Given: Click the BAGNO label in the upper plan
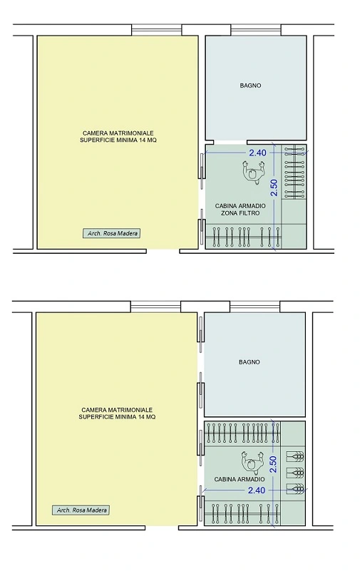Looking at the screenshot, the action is click(250, 86).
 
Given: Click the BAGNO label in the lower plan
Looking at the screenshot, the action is click(250, 362).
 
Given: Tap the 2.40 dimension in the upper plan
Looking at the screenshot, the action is click(258, 153).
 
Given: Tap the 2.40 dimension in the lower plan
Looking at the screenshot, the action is click(257, 490).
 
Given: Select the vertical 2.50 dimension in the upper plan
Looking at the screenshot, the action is click(274, 187).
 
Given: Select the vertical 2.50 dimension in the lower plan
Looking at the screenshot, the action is click(273, 464).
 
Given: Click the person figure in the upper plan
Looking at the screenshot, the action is click(252, 173).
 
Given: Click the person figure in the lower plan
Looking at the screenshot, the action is click(252, 463).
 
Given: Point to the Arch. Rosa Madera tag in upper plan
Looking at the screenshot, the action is click(111, 233).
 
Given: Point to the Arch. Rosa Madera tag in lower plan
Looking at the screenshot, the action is click(81, 510).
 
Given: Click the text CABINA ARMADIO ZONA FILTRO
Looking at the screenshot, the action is click(240, 210).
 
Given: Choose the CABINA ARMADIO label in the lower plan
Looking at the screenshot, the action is click(239, 479).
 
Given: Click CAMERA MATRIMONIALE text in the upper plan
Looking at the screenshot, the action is click(118, 133).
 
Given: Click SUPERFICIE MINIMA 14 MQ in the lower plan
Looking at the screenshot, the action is click(117, 416).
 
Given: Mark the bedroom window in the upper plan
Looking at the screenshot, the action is click(157, 30).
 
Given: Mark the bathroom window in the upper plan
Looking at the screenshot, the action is click(256, 30).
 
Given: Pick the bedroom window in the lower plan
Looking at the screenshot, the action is click(155, 307).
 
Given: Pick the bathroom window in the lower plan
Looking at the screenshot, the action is click(254, 307).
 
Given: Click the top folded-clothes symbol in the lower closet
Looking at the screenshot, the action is click(296, 456).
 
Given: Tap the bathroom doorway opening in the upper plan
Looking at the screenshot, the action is click(230, 142).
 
